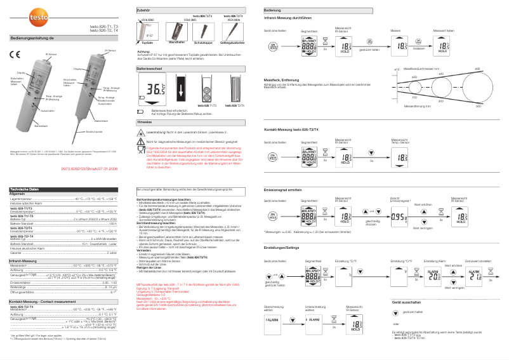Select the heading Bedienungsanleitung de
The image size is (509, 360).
click(31, 39)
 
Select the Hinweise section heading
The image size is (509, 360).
click(145, 121)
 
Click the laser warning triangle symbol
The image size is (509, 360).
click(141, 133)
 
